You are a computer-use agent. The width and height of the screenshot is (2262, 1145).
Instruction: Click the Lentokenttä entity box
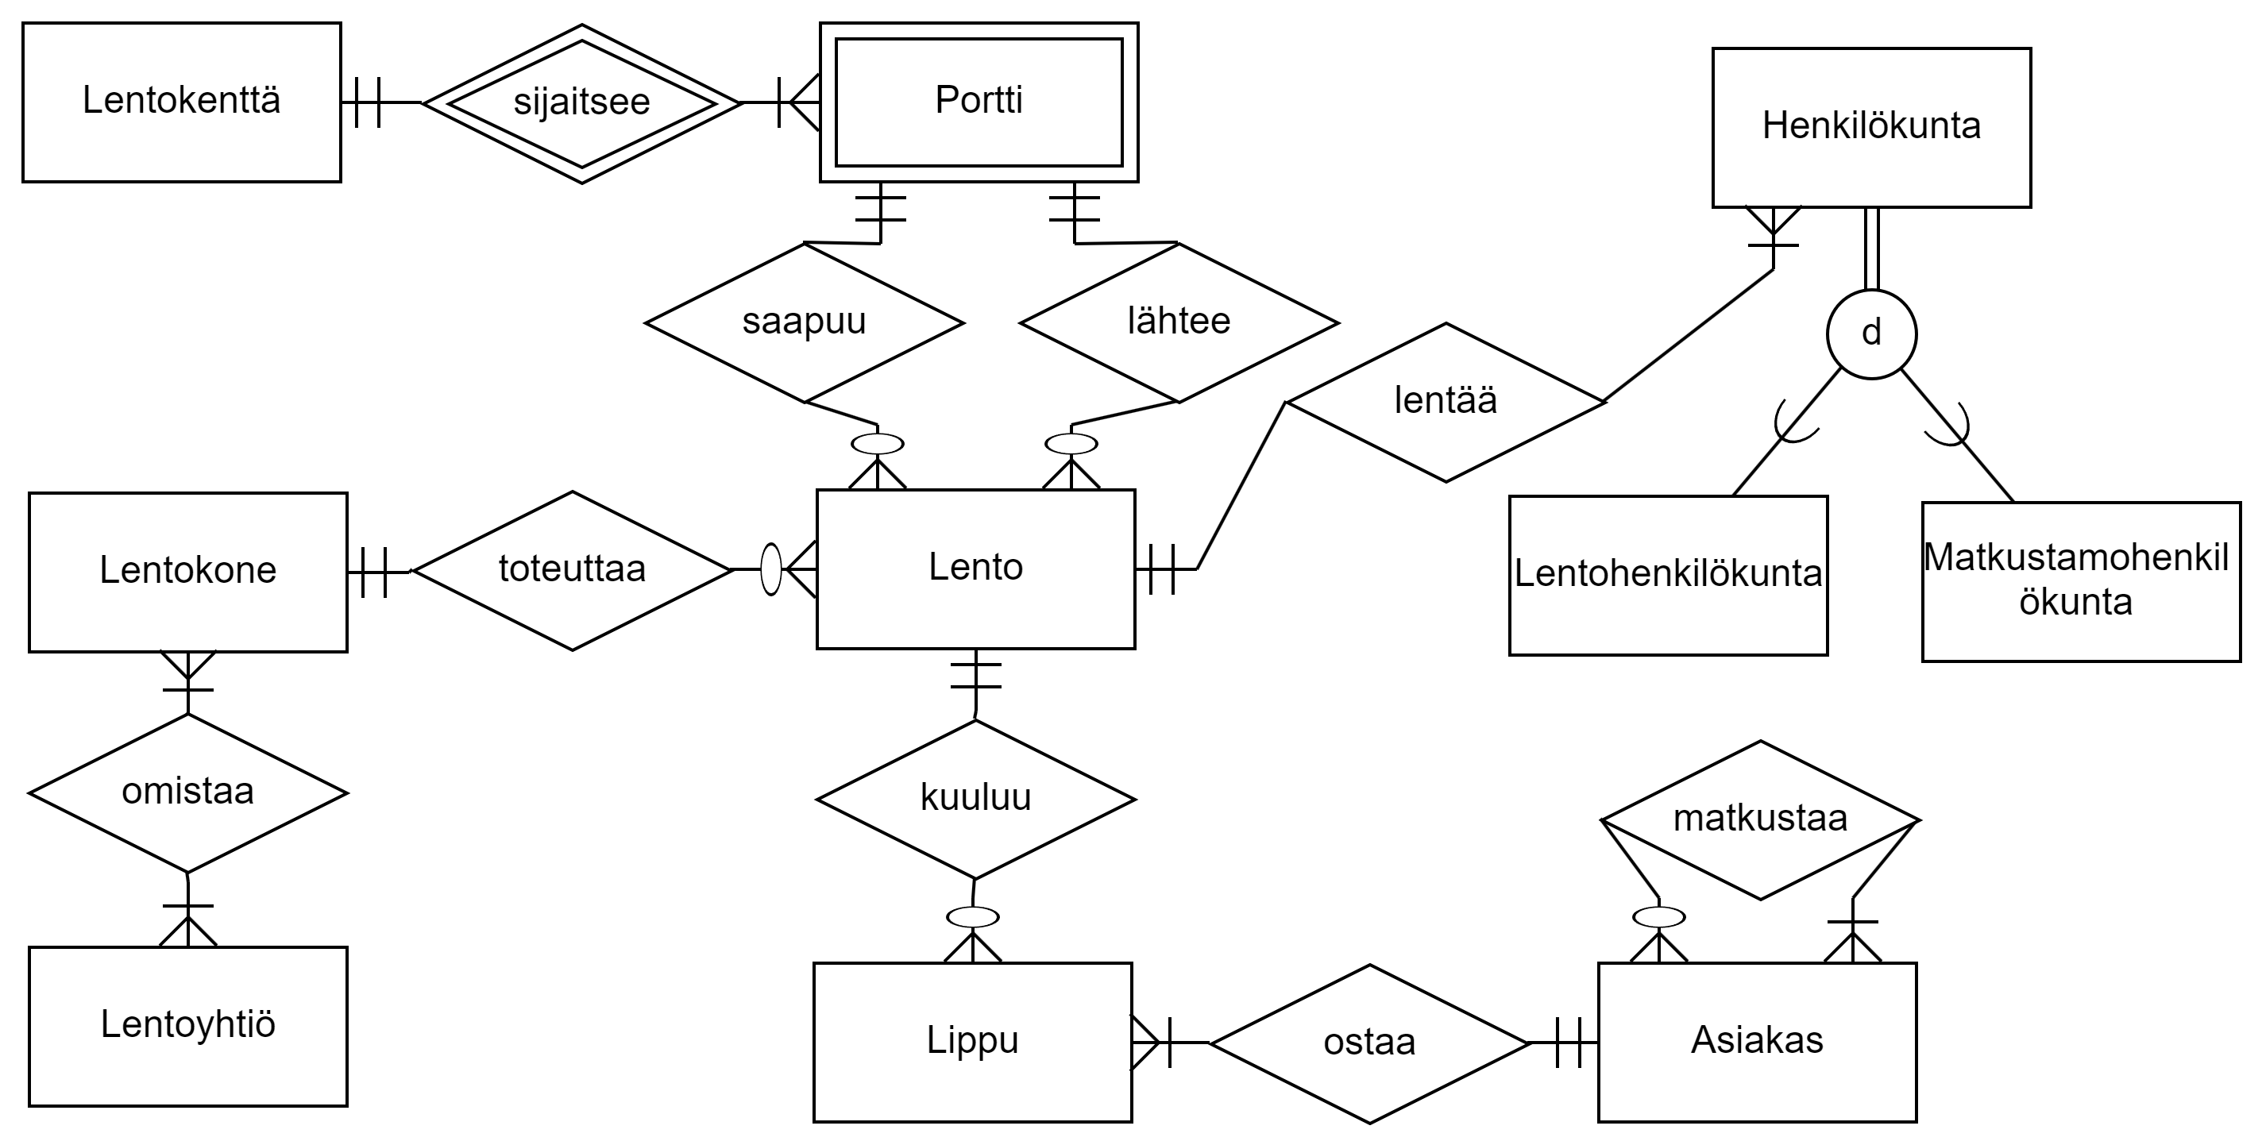(181, 102)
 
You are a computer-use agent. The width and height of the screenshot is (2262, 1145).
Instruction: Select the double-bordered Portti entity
(979, 102)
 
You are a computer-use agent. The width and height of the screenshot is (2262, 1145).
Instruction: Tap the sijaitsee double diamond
(581, 103)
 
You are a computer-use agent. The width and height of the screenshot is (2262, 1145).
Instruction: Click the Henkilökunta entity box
(1871, 127)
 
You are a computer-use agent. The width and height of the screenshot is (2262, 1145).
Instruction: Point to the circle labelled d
(1871, 333)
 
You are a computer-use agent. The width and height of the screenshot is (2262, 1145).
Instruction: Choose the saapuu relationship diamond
(804, 322)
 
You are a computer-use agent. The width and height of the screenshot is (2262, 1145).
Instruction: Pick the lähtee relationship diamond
(1179, 322)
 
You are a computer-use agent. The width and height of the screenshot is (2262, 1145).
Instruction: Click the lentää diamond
(1446, 402)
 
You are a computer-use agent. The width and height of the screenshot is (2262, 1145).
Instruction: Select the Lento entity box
(975, 569)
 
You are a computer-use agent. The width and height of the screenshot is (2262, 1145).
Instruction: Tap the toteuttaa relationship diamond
(573, 571)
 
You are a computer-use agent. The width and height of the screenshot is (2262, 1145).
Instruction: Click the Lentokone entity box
(188, 572)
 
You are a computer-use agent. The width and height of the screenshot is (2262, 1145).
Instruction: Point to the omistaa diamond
(188, 793)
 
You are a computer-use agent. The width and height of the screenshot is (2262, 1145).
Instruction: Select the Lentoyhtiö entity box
(188, 1026)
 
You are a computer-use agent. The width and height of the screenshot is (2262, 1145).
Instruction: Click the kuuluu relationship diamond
(975, 799)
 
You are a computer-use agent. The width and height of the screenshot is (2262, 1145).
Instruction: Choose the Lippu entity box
(972, 1042)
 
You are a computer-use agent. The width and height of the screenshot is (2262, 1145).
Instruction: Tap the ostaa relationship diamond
(1369, 1044)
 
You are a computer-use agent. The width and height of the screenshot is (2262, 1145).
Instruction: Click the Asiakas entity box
(1757, 1042)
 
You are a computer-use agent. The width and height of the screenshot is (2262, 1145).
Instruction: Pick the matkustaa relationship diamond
(1760, 820)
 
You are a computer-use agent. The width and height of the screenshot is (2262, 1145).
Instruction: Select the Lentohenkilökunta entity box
(1668, 575)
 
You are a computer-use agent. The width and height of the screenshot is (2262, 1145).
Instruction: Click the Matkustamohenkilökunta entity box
(2080, 581)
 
